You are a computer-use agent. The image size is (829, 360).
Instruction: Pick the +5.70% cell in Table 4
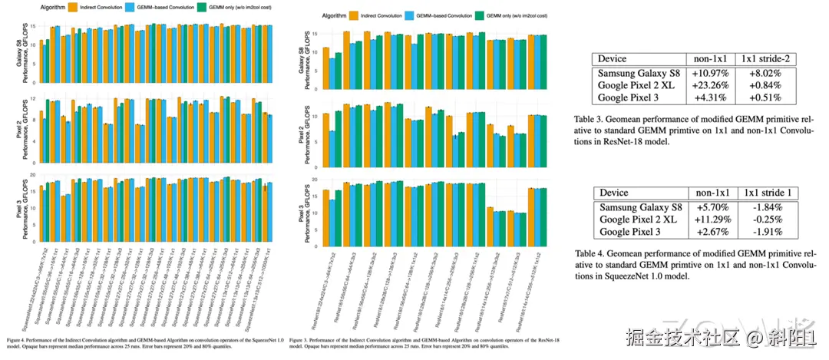click(711, 206)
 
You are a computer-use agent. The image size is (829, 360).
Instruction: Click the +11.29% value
click(711, 219)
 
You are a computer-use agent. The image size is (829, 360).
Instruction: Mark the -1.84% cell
click(767, 206)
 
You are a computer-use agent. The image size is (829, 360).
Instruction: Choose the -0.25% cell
click(767, 219)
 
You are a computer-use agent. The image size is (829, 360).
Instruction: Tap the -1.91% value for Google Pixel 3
click(767, 232)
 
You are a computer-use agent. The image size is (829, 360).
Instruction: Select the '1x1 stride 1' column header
click(767, 193)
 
